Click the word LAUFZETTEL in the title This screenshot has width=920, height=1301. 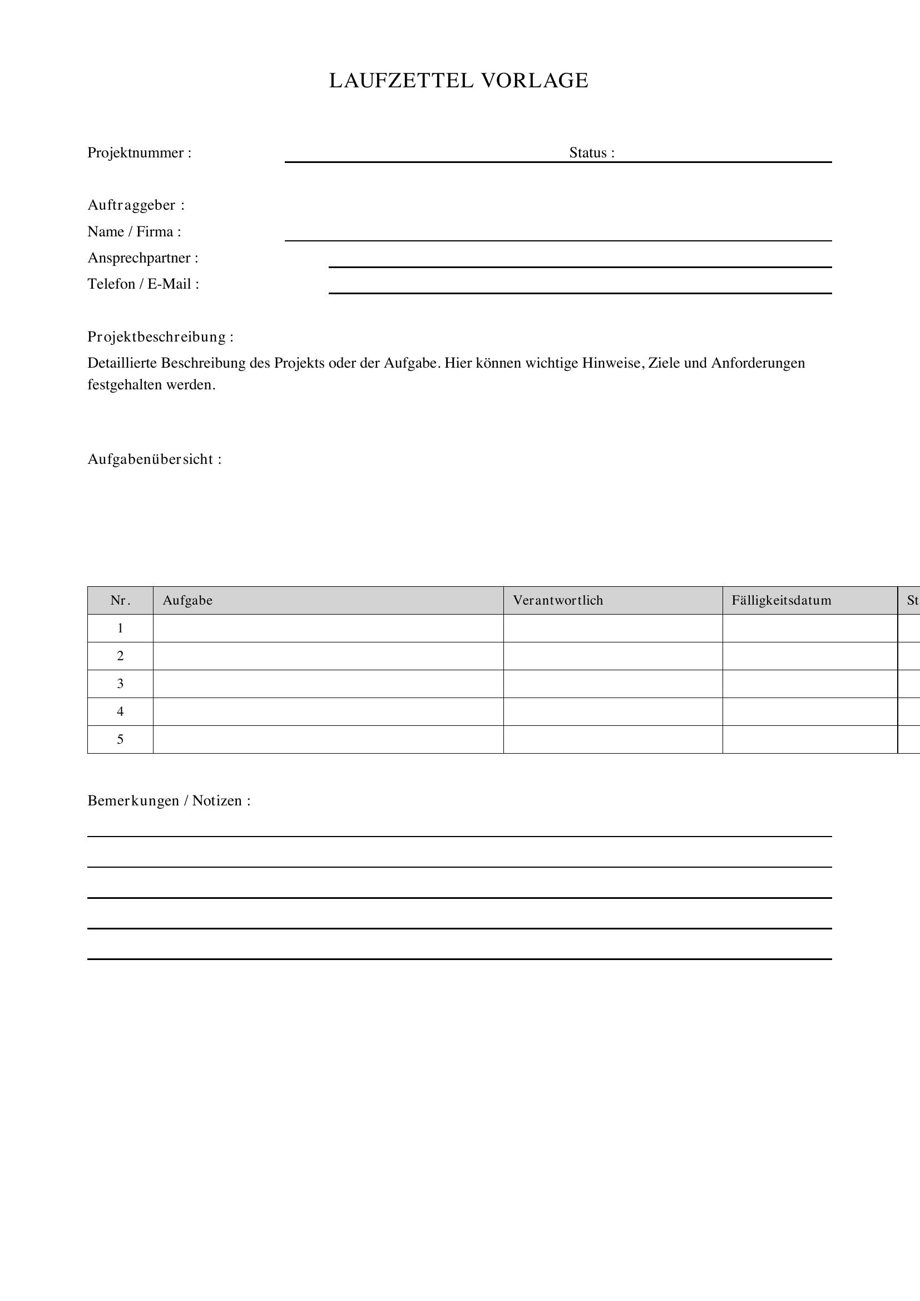[x=401, y=81]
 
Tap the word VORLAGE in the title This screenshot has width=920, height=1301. [x=535, y=81]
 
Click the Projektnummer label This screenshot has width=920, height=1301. [x=140, y=153]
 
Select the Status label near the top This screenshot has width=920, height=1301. [x=591, y=153]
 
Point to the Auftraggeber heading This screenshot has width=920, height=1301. [x=136, y=205]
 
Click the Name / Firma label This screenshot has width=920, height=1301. [x=134, y=232]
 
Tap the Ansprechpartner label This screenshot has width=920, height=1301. [x=143, y=258]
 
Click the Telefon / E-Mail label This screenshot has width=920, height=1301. [x=144, y=284]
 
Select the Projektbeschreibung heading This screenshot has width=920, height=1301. [x=160, y=337]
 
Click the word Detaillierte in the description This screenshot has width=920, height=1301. [x=122, y=363]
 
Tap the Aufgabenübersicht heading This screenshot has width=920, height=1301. [x=154, y=459]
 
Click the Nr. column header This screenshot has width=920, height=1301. [x=120, y=601]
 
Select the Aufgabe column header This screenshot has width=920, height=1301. [x=187, y=601]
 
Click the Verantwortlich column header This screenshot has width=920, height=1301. [x=558, y=601]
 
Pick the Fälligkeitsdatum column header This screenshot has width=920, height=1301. [x=781, y=601]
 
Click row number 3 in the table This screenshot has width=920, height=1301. [x=120, y=684]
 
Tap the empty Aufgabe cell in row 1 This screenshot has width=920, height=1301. [x=328, y=629]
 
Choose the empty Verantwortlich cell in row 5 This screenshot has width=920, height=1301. [x=613, y=739]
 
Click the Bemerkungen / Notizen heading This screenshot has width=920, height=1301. [x=169, y=800]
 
